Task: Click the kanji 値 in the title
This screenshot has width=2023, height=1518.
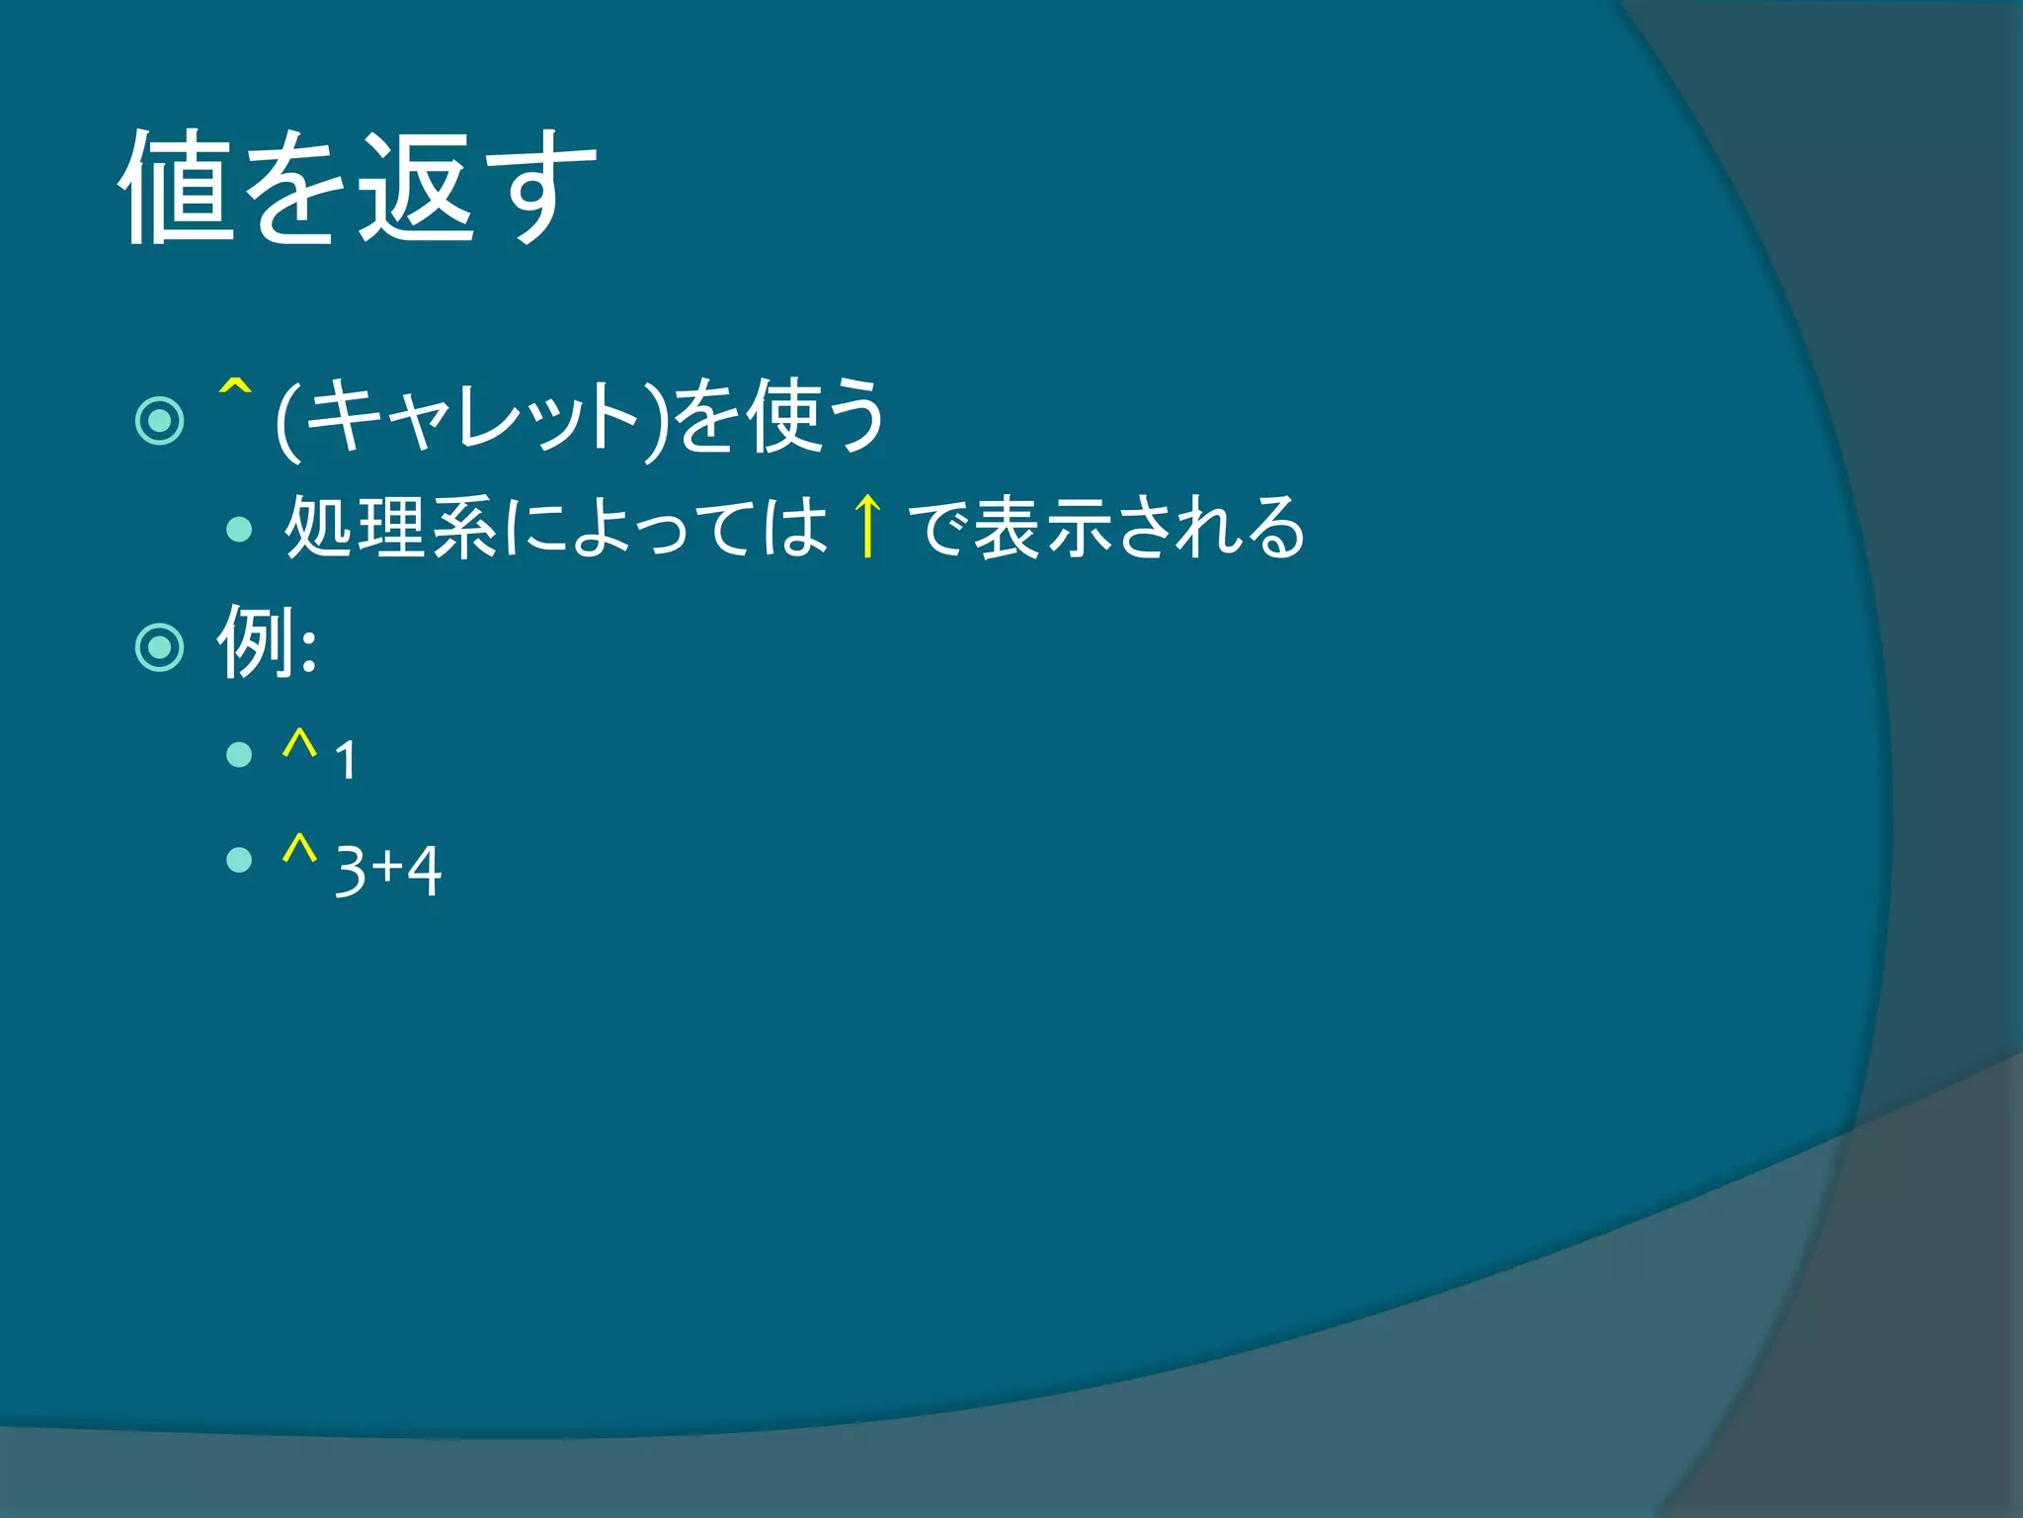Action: click(178, 188)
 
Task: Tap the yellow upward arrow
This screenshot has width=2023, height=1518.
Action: click(867, 526)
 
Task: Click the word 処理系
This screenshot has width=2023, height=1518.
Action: click(391, 528)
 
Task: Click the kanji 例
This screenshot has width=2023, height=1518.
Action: click(255, 642)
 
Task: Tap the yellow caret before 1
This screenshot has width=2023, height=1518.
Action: click(299, 743)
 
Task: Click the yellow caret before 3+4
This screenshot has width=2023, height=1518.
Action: click(299, 850)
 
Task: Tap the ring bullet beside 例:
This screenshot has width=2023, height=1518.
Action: click(160, 648)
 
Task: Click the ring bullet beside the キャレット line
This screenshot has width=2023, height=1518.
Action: click(160, 421)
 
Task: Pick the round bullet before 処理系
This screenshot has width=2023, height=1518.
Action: click(239, 530)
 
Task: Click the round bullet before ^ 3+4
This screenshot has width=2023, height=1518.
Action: click(239, 860)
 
